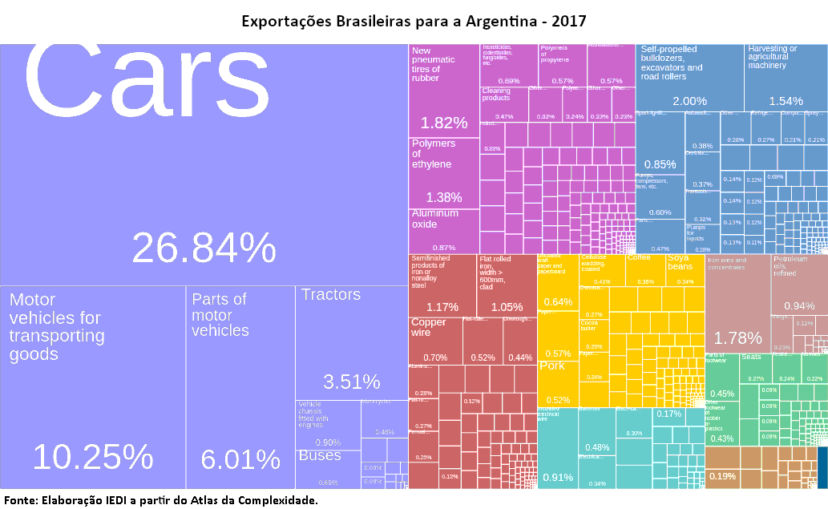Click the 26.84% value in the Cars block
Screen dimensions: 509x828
pos(204,248)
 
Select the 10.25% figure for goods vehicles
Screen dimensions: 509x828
pos(93,457)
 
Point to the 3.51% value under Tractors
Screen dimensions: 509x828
pos(351,381)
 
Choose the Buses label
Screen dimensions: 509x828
pos(320,455)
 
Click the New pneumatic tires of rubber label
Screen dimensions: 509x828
pos(433,65)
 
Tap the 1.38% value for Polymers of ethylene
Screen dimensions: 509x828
pos(444,197)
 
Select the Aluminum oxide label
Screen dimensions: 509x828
pos(434,219)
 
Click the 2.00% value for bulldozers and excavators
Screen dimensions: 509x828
pos(689,101)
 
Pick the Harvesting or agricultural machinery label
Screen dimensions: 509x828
pos(772,57)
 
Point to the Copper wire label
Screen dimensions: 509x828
pos(428,327)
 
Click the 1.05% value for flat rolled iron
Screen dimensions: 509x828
pos(507,307)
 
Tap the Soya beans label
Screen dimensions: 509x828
pos(679,261)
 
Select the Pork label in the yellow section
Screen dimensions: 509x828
pos(552,366)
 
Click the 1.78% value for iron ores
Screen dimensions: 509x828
pos(737,337)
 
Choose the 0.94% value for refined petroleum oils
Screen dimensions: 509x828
pos(799,306)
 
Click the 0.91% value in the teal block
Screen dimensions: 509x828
pos(558,478)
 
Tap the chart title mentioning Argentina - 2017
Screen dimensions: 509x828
pos(414,20)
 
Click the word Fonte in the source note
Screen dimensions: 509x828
pos(20,500)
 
